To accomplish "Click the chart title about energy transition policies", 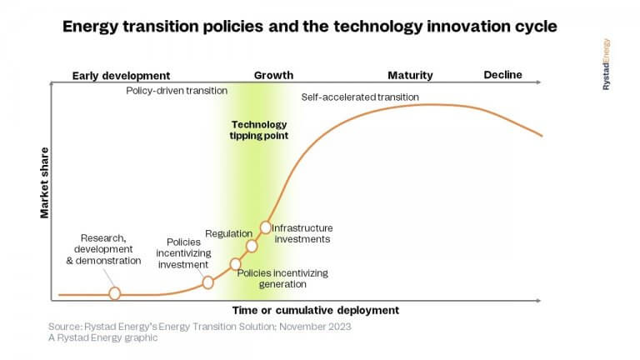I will click(310, 27).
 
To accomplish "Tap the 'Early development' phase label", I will click(121, 76).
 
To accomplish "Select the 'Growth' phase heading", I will click(273, 76).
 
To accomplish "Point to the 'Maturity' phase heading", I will click(410, 76).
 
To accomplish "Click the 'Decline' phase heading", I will click(502, 75).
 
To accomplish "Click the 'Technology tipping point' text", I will click(258, 129).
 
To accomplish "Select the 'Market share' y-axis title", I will click(45, 183).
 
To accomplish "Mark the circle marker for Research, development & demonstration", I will click(115, 293).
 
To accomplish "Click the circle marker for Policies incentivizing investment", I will click(208, 282).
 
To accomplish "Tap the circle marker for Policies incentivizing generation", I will click(236, 264).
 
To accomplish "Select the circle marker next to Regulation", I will click(252, 246).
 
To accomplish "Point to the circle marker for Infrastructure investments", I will click(266, 227).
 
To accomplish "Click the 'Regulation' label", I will click(223, 233).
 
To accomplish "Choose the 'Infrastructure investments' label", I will click(302, 233).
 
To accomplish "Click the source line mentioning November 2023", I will click(199, 327).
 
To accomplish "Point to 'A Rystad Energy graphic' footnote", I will click(102, 338).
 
